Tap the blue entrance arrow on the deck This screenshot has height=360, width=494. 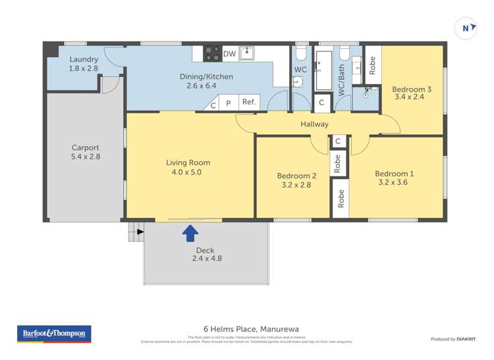click(190, 232)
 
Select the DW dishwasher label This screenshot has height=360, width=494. click(229, 54)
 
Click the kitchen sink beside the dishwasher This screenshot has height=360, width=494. click(247, 53)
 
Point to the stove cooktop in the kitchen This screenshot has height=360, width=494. click(212, 53)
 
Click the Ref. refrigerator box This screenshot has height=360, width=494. click(249, 102)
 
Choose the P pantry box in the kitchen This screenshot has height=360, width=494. click(229, 103)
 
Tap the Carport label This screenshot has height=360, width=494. click(86, 148)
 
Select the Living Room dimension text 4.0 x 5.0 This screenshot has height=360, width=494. click(188, 172)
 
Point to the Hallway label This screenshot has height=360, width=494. click(314, 124)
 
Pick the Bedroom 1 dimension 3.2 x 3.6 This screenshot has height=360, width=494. click(394, 184)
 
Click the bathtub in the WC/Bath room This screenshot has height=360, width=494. click(324, 70)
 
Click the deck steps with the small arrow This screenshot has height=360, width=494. click(135, 231)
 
